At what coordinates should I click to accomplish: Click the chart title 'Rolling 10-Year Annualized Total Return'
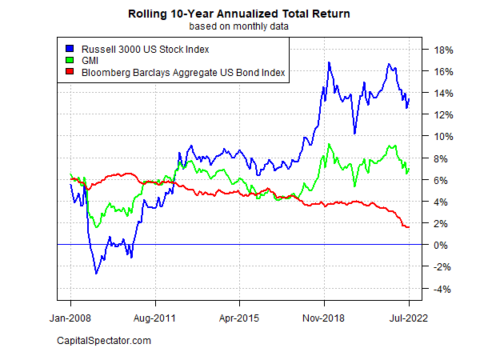coord(239,14)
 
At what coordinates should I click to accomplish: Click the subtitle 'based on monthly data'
coord(239,26)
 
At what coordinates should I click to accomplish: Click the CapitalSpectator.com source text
coord(104,342)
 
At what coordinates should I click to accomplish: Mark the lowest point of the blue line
coord(97,274)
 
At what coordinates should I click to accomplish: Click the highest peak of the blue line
coord(329,62)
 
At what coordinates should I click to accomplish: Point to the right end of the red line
coord(409,227)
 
